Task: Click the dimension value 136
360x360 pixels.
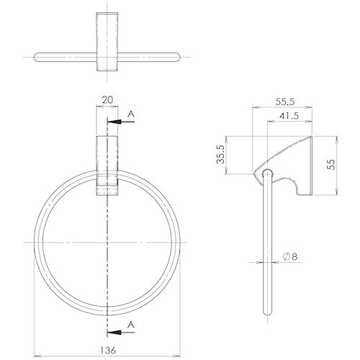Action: click(108, 350)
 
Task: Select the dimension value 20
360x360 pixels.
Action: click(107, 99)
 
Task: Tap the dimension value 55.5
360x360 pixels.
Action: click(285, 102)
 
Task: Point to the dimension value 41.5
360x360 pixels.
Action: click(289, 116)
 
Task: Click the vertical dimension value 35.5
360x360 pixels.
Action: click(220, 154)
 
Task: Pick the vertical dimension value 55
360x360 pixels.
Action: click(330, 164)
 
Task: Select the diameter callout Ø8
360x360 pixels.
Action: click(290, 256)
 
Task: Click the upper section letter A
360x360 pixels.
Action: click(130, 114)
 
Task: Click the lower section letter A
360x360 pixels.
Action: click(130, 325)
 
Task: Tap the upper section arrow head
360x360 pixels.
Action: click(114, 122)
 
